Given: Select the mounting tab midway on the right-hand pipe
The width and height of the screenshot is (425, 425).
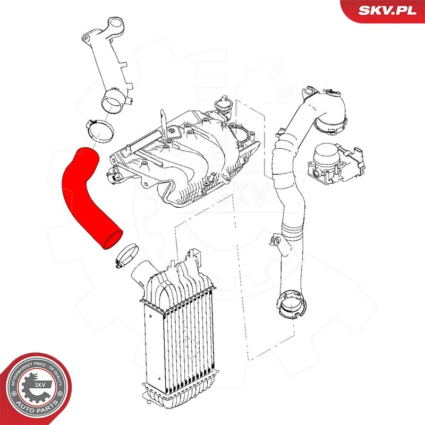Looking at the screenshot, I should (x=276, y=242).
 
